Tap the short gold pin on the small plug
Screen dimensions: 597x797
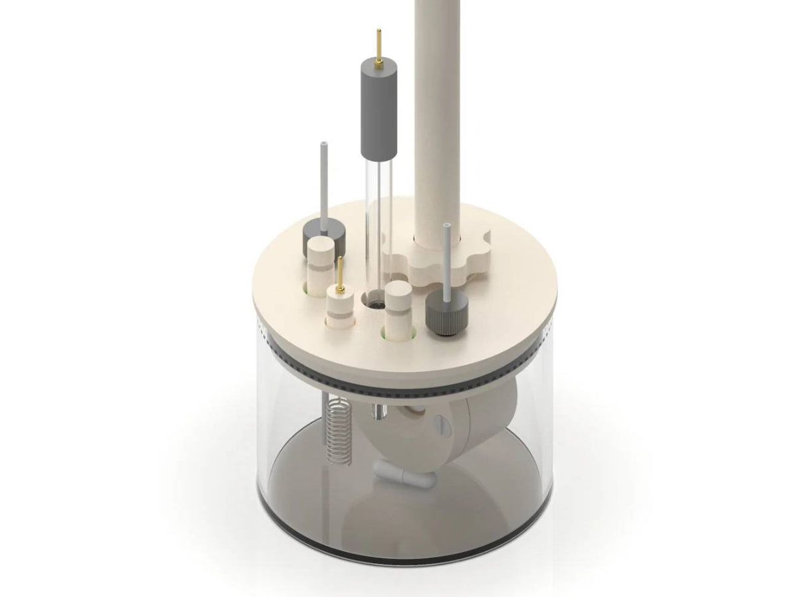click(339, 277)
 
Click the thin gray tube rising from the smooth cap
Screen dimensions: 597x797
click(323, 179)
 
